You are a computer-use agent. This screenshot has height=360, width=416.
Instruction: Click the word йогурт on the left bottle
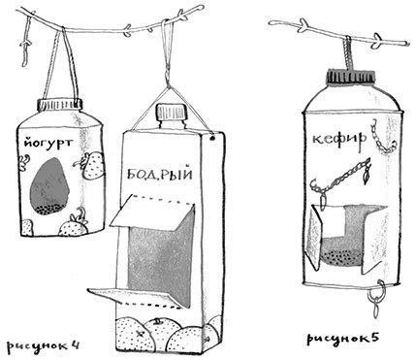click(46, 145)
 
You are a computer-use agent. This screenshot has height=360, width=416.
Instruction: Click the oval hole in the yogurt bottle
click(48, 188)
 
